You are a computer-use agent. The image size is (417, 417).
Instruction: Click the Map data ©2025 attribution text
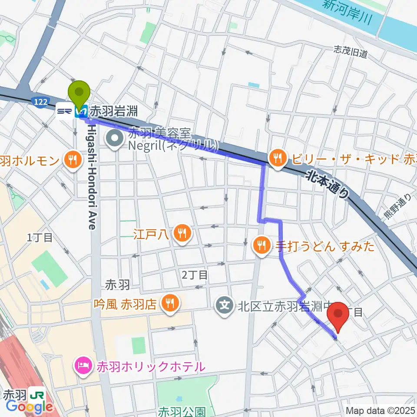[x=381, y=410]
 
